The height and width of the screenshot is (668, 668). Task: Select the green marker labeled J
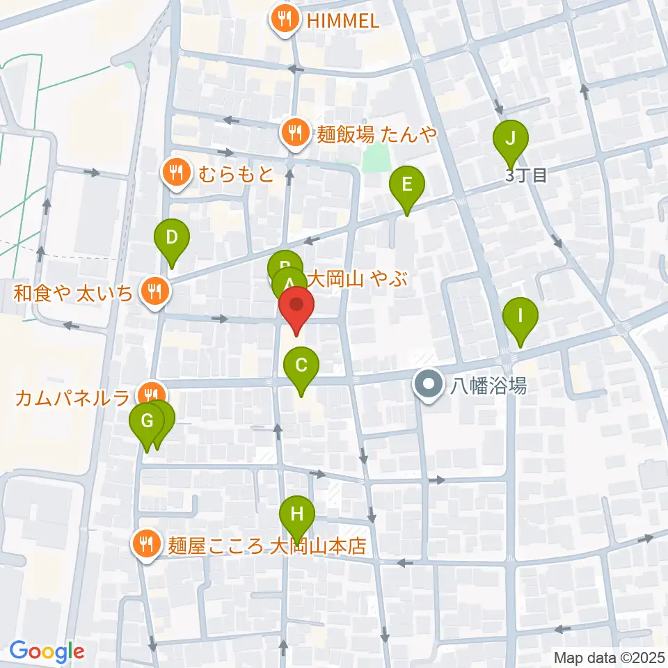[511, 138]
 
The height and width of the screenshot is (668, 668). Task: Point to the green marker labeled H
[297, 516]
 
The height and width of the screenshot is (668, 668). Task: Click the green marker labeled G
[147, 422]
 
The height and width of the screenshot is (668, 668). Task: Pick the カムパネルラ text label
[73, 398]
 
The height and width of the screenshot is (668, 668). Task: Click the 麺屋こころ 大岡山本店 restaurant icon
[147, 543]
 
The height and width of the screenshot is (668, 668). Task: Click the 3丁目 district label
[527, 175]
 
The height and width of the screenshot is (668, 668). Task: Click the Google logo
[47, 651]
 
